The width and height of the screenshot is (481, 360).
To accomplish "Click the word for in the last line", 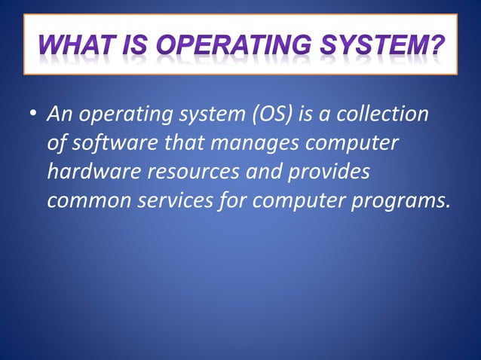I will point(233,200).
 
